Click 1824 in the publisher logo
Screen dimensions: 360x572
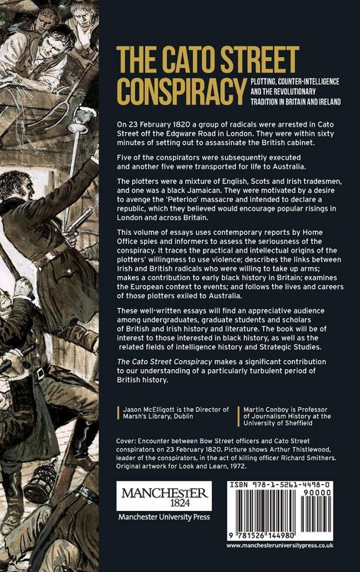[x=163, y=506]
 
